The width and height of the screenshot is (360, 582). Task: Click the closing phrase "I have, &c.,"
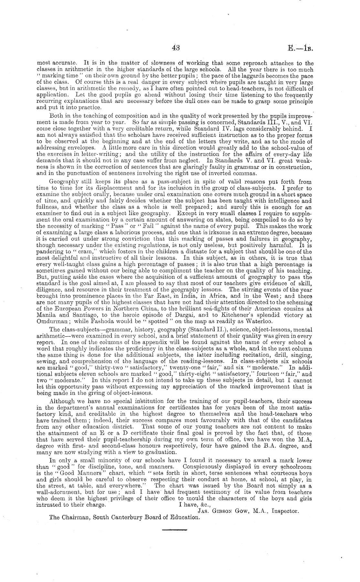pos(195,505)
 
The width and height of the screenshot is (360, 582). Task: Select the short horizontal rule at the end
pos(174,530)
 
